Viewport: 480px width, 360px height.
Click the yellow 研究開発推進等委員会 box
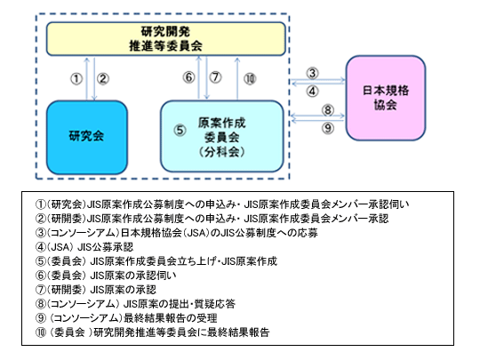(166, 39)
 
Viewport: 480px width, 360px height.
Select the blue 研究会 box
(87, 137)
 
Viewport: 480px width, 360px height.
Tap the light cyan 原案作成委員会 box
(222, 136)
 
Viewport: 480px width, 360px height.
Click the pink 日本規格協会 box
(386, 98)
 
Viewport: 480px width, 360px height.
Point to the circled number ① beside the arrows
(76, 79)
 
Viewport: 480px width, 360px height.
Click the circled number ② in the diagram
(103, 79)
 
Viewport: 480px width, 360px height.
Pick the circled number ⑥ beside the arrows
(188, 77)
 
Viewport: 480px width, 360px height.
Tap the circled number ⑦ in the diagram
(215, 77)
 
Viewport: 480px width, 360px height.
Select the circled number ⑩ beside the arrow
(250, 79)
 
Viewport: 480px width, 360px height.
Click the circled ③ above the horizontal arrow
(312, 73)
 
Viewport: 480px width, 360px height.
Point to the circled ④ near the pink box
(312, 91)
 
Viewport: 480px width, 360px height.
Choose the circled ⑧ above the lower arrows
(327, 110)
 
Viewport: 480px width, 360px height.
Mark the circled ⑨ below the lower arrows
(327, 128)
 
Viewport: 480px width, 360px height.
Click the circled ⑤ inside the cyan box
(180, 131)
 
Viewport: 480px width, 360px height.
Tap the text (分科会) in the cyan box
(221, 151)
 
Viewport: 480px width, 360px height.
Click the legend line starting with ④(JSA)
(84, 247)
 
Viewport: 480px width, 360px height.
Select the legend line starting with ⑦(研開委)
(96, 290)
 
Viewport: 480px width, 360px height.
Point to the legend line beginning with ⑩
(153, 332)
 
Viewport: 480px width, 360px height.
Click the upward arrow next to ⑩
(237, 78)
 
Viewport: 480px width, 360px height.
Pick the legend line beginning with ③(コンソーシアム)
(177, 233)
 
